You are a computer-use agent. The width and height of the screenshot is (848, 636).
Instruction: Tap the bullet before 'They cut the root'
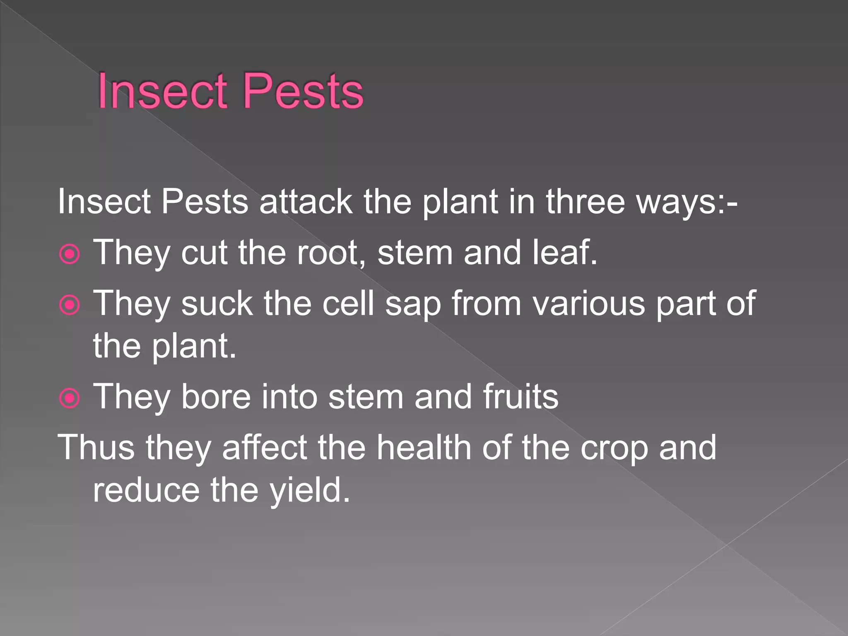tap(70, 254)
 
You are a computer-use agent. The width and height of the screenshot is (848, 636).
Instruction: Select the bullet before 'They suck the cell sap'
tap(70, 305)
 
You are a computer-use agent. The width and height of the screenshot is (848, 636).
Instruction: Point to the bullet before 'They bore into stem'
tap(70, 398)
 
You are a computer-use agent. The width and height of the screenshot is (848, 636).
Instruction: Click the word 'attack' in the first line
tap(306, 202)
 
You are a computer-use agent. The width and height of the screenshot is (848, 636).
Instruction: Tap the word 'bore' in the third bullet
tap(216, 397)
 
